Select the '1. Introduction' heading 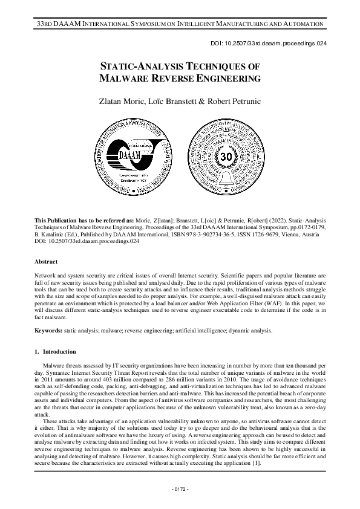click(x=56, y=351)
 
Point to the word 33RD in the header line click(x=46, y=24)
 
